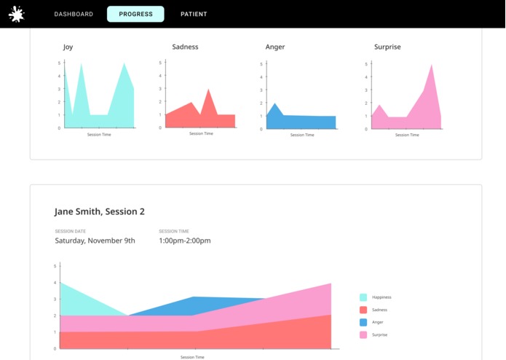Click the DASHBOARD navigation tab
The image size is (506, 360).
click(74, 14)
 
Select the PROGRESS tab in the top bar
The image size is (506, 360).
click(135, 14)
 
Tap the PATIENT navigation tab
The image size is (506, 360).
click(194, 14)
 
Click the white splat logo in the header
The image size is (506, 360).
click(17, 14)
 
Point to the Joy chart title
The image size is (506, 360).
click(68, 47)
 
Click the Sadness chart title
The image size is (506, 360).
click(185, 47)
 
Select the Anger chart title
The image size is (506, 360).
click(275, 47)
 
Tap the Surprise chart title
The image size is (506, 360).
click(387, 47)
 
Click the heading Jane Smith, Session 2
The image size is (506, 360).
click(100, 212)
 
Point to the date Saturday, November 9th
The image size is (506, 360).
click(95, 240)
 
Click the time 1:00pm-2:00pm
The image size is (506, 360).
click(185, 240)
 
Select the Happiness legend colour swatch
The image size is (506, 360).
click(363, 297)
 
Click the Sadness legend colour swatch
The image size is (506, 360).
click(363, 310)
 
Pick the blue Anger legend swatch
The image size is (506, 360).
click(363, 322)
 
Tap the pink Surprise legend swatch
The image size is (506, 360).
click(363, 334)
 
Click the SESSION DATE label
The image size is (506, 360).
click(70, 231)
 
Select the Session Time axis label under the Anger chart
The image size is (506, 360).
click(302, 135)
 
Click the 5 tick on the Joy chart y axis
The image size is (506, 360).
click(59, 63)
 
